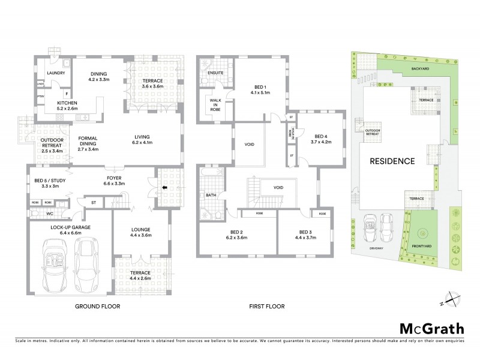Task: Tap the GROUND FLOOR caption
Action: pos(97,306)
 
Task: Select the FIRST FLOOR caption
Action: pos(266,306)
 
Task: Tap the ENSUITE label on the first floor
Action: pos(215,73)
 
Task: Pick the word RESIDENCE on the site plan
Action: pos(392,161)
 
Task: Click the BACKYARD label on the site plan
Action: pos(420,69)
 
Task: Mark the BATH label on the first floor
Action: pos(211,195)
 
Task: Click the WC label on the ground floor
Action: pos(50,212)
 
